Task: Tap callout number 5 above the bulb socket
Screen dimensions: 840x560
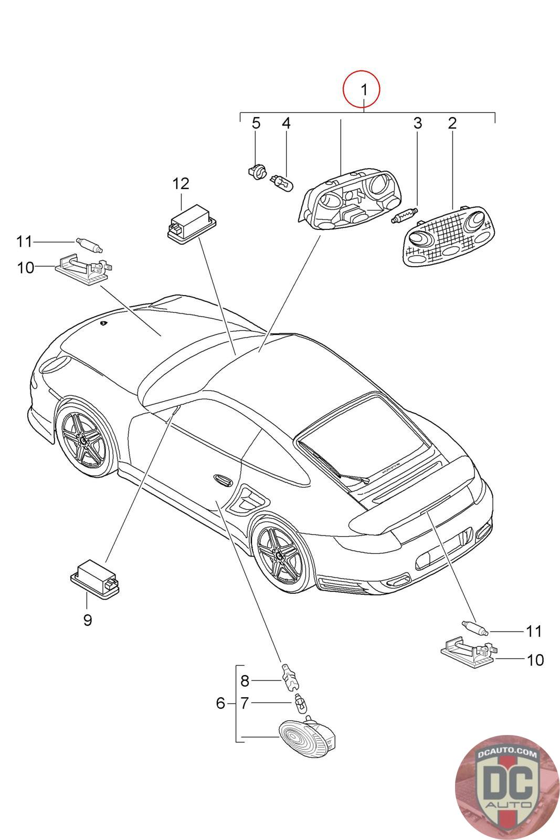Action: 256,123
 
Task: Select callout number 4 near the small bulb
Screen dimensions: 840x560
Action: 286,123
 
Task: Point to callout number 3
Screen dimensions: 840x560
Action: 417,123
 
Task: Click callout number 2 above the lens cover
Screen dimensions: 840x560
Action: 452,123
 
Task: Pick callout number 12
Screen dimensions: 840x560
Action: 181,184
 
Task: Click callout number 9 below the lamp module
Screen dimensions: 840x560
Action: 88,620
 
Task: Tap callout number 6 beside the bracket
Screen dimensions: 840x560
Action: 220,702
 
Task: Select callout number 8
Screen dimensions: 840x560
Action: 245,681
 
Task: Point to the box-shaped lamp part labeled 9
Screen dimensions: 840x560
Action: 94,577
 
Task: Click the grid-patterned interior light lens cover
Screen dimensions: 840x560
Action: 449,235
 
